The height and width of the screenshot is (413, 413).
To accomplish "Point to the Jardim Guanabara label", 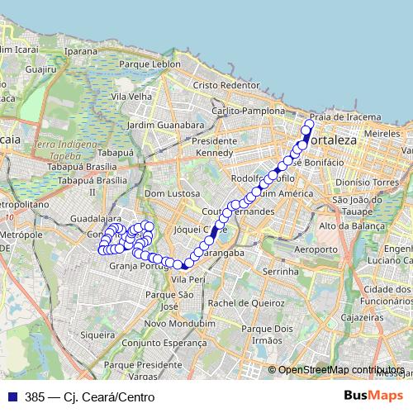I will point(166,125).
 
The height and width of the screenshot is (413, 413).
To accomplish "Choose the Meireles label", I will point(382,132).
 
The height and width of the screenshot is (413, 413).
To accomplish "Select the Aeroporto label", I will point(316,249).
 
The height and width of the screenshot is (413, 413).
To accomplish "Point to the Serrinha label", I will point(279,271).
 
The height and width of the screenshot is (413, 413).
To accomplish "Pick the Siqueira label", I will point(98,335).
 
